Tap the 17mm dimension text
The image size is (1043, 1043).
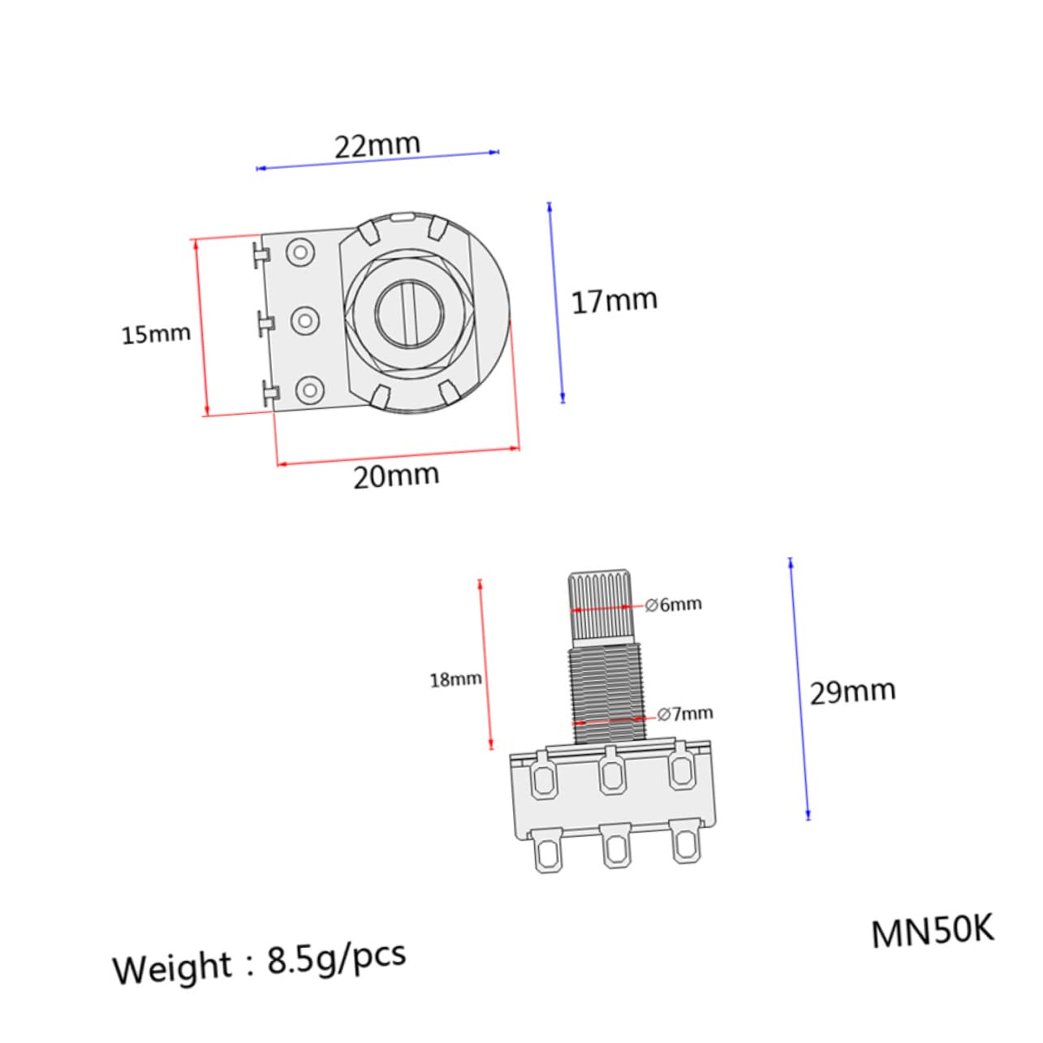(x=614, y=301)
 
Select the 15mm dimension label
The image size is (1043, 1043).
(x=156, y=334)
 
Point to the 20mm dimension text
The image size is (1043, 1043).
(x=396, y=476)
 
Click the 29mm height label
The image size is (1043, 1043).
(x=852, y=692)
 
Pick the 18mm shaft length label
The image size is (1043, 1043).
(x=455, y=679)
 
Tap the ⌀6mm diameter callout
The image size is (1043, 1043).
(x=673, y=605)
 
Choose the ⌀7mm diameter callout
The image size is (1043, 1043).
(x=685, y=714)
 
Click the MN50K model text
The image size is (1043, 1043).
(x=932, y=933)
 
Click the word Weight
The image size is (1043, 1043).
(x=172, y=968)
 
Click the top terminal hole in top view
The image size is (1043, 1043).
(x=301, y=252)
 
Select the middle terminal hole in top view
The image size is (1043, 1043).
(x=304, y=321)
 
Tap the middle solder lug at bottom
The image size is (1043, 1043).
(x=614, y=848)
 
